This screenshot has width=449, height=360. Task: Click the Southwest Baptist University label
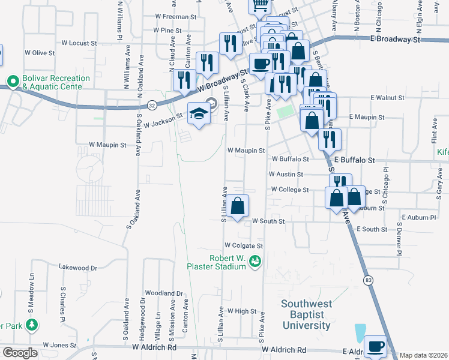[x=306, y=315]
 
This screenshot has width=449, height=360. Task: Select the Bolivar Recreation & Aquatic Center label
[x=56, y=83]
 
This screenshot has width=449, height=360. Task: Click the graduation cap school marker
[x=199, y=113]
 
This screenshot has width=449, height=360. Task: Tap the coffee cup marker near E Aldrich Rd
[x=376, y=347]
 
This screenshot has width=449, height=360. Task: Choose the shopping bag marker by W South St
[x=238, y=206]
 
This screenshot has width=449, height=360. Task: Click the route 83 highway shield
[x=367, y=280]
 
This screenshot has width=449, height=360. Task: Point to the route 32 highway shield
[x=152, y=105]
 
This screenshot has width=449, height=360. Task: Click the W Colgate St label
[x=244, y=246]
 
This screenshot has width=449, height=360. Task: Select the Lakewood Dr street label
[x=77, y=268]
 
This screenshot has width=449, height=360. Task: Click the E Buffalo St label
[x=355, y=161]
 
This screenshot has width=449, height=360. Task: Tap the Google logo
[x=20, y=353]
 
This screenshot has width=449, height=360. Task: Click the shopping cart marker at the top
[x=260, y=5]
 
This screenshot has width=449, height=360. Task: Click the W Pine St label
[x=167, y=30]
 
